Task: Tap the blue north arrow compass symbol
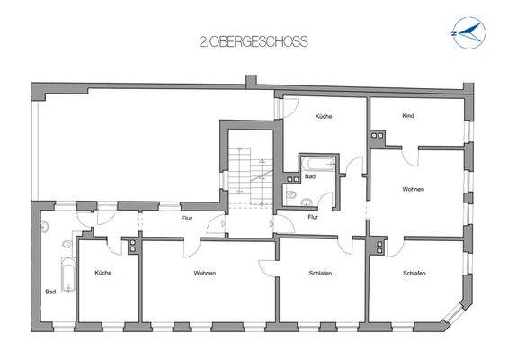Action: click(x=468, y=33)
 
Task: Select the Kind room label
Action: click(x=409, y=117)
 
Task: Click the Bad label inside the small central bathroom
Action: click(x=309, y=177)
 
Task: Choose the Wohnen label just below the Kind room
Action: click(x=414, y=189)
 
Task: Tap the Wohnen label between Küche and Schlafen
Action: click(x=204, y=273)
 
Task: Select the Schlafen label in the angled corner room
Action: click(x=414, y=273)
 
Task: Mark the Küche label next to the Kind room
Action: click(x=323, y=117)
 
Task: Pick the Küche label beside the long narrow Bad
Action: click(x=102, y=273)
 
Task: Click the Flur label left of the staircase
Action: click(x=187, y=218)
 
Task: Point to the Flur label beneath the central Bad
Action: click(x=312, y=217)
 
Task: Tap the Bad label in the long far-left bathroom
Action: click(x=50, y=292)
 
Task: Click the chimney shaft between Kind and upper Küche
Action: click(x=377, y=137)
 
